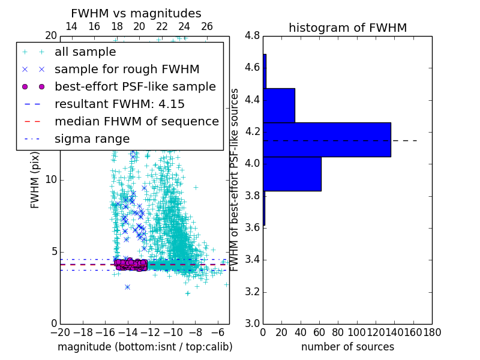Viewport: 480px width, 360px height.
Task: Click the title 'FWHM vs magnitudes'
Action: coord(136,13)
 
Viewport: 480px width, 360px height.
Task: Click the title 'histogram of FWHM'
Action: coord(347,28)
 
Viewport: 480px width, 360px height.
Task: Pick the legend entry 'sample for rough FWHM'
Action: coord(127,69)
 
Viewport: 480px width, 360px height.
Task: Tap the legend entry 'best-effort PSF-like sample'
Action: coord(135,86)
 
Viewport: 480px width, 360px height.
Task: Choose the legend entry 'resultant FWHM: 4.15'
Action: coord(119,104)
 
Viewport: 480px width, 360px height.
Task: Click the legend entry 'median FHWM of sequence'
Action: coord(136,121)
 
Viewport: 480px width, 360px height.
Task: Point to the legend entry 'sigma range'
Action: coord(92,139)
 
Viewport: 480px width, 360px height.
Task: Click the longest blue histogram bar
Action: coord(327,140)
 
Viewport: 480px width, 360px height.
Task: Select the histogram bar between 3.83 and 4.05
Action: coord(292,174)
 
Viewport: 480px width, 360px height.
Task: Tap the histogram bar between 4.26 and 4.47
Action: coord(279,105)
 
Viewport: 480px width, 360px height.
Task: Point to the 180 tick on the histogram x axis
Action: coord(432,332)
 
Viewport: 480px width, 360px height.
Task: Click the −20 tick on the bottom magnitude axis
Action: coord(60,332)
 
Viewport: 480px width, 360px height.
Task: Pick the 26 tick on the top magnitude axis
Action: coord(207,26)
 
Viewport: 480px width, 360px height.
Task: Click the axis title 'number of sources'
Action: coord(347,347)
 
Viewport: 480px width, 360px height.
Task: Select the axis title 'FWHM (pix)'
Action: coord(35,179)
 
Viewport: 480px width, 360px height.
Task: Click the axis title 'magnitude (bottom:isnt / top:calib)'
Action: coord(145,347)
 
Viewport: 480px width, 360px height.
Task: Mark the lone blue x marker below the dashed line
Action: coord(127,287)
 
